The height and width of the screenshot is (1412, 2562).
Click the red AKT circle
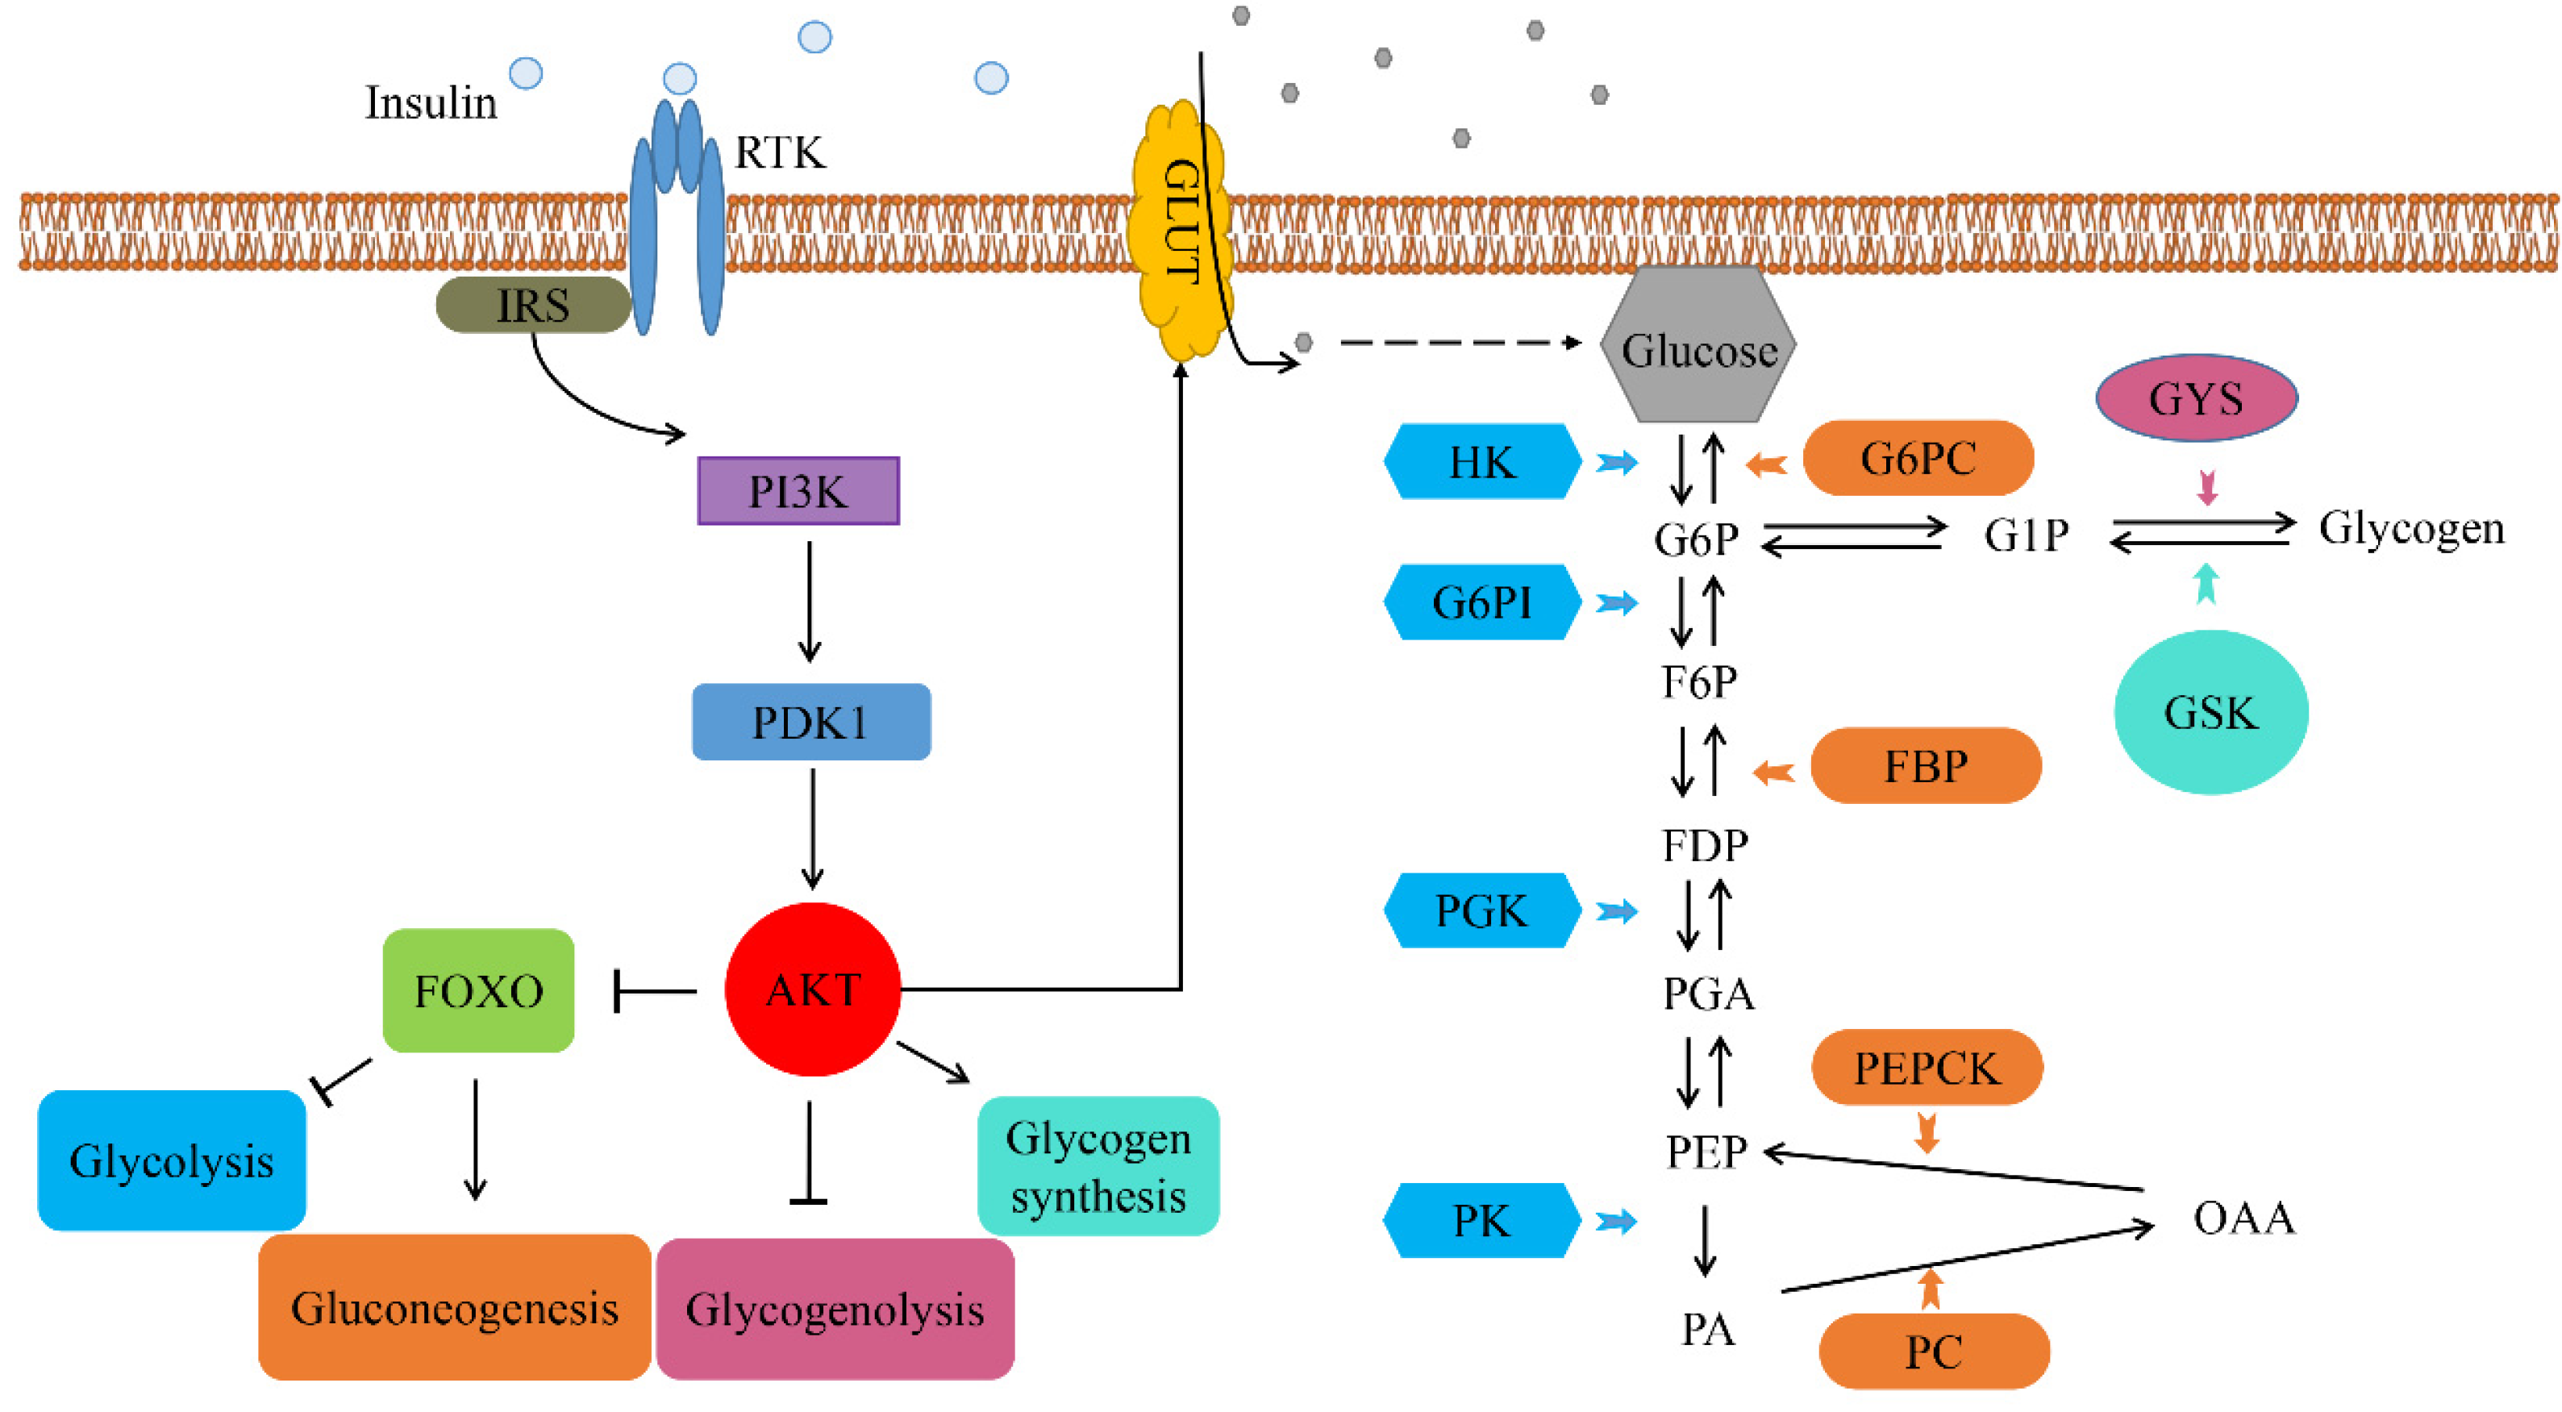pos(813,989)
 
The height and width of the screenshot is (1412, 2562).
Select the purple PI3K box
pos(798,491)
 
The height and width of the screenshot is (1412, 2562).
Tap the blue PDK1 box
pos(810,722)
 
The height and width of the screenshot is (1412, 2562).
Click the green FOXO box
pos(478,990)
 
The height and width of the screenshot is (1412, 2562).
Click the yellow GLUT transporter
pos(1181,229)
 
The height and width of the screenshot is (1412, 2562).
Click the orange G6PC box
pos(1918,458)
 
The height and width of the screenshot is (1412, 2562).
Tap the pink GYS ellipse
pos(2196,398)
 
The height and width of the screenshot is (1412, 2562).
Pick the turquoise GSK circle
pos(2210,712)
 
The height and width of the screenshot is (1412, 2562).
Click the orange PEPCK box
pos(1927,1068)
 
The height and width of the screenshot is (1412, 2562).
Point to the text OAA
pos(2243,1217)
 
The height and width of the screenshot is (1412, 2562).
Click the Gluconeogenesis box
pos(455,1308)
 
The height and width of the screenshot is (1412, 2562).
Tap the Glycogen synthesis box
pos(1098,1166)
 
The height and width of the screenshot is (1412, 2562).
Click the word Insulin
pos(431,103)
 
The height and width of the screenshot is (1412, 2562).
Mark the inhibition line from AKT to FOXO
pos(655,991)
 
